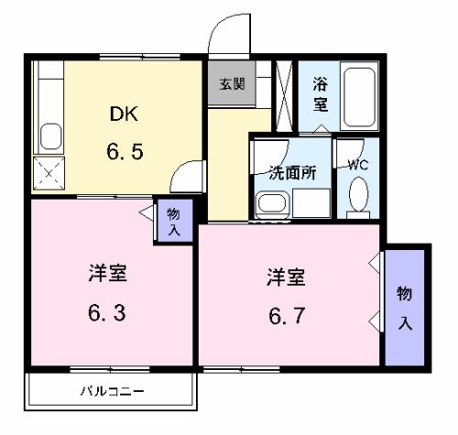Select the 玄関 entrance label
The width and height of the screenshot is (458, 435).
231,83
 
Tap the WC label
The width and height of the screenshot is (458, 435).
358,165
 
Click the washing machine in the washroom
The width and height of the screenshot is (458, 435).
272,204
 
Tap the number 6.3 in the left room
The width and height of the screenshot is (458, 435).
107,313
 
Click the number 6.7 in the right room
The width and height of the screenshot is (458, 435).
287,315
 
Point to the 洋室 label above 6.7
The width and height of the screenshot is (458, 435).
286,275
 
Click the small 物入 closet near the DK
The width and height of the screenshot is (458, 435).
174,221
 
